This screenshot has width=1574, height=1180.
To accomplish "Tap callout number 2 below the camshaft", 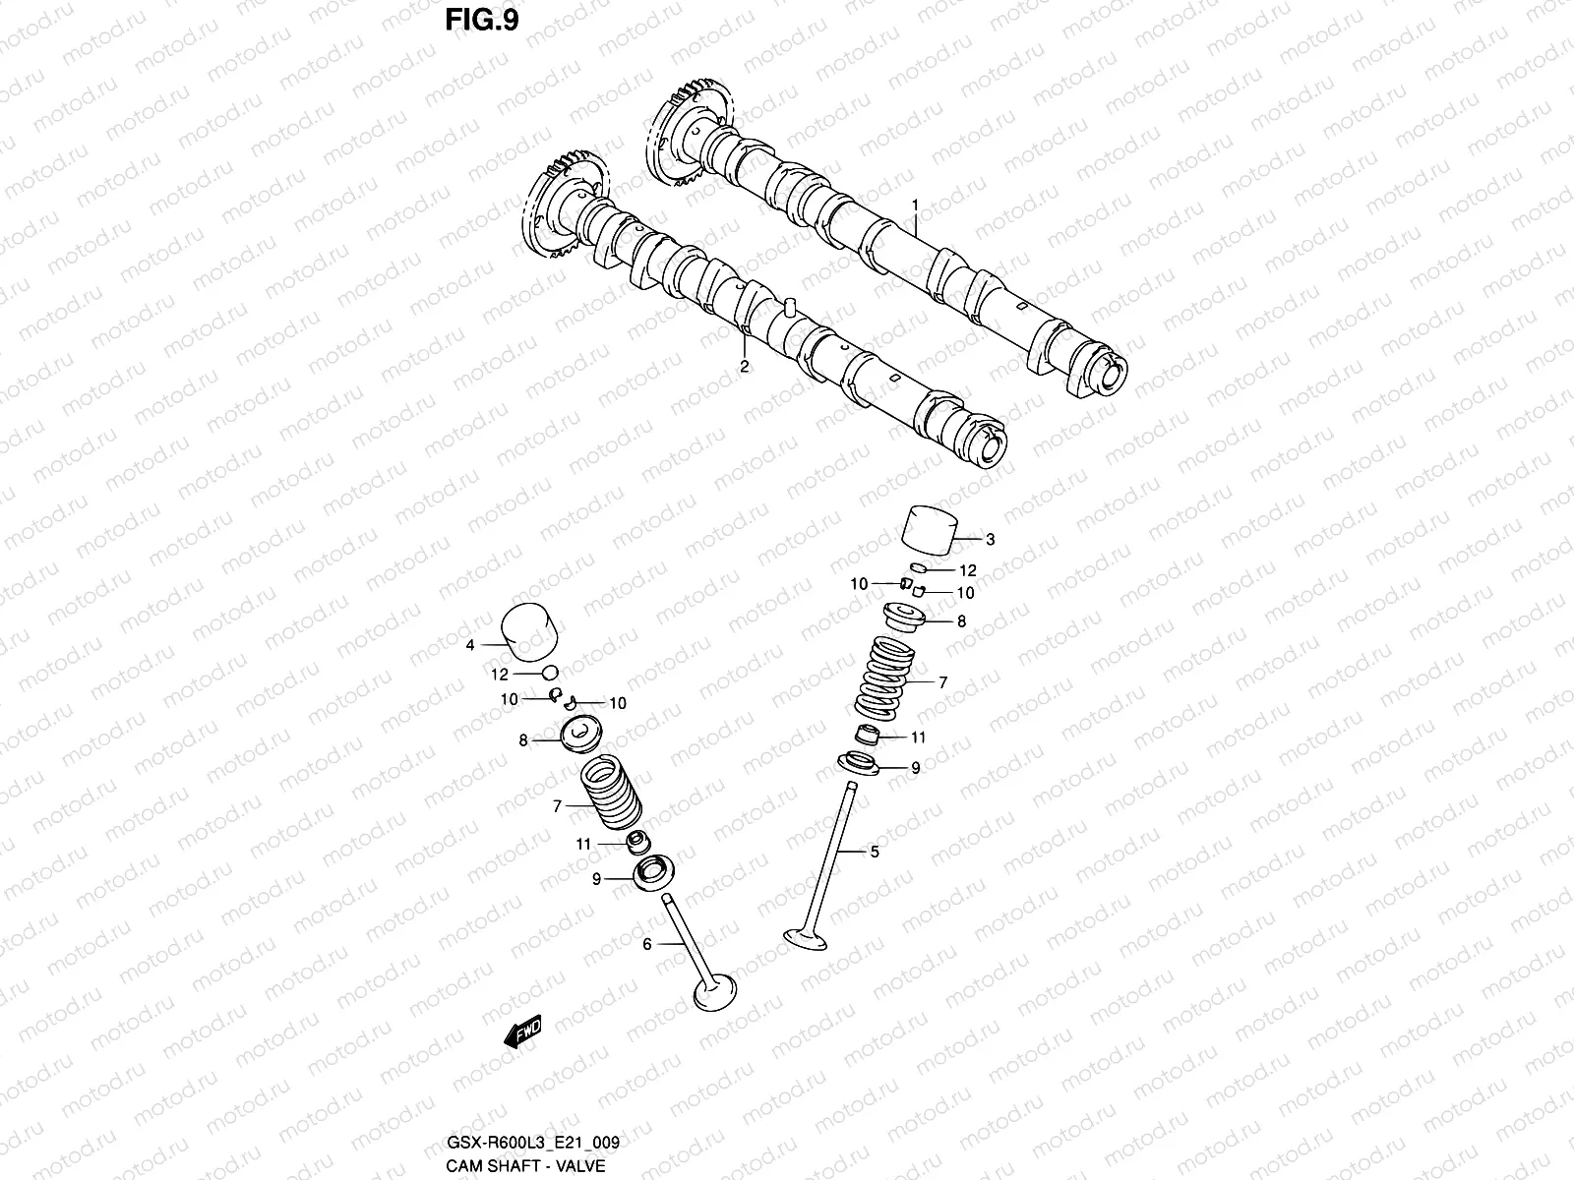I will (x=744, y=367).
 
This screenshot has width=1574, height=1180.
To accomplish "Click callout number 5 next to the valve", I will (x=875, y=852).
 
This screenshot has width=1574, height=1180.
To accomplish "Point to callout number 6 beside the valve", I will (x=646, y=945).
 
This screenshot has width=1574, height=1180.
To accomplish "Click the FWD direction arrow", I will (x=522, y=1033).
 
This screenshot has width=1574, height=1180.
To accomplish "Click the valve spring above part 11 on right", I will (x=881, y=678).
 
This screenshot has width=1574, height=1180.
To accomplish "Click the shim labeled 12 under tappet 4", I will (x=551, y=674).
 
